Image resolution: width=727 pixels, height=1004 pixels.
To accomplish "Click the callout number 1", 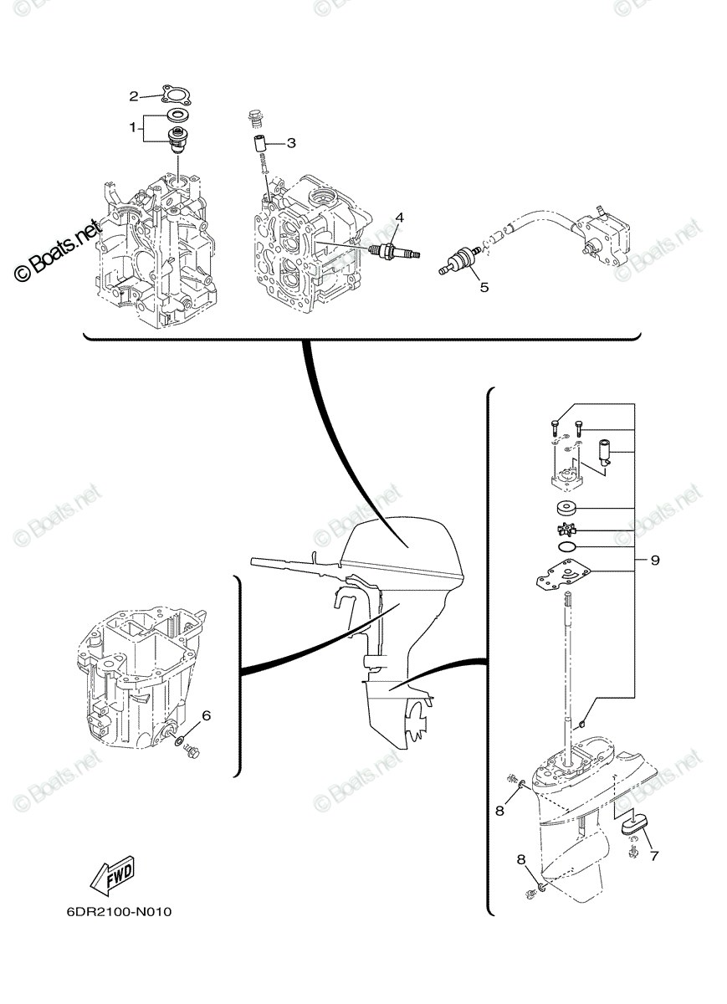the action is point(132,128).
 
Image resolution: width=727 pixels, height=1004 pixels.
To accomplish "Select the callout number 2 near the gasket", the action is point(134,96).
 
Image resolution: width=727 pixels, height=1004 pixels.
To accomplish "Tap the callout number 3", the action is point(291,143).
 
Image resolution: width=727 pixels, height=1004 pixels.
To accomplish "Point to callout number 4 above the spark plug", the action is point(399,218).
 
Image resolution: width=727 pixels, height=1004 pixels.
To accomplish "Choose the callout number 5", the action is point(484,287).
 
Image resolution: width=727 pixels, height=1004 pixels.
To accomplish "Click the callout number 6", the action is point(206,716).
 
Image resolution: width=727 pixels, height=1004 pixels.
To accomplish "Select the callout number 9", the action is point(655,561).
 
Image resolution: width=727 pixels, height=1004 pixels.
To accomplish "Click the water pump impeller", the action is point(565,531).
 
